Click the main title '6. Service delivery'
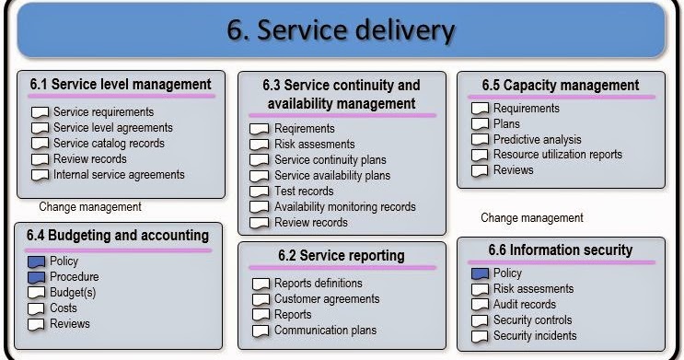pyautogui.click(x=341, y=30)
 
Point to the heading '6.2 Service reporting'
pyautogui.click(x=341, y=255)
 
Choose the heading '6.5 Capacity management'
pyautogui.click(x=560, y=86)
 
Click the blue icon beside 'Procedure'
pyautogui.click(x=37, y=278)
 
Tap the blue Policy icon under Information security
pyautogui.click(x=480, y=274)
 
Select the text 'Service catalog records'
pyautogui.click(x=109, y=144)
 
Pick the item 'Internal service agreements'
pyautogui.click(x=119, y=175)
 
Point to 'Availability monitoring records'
pyautogui.click(x=345, y=207)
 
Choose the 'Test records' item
pyautogui.click(x=304, y=192)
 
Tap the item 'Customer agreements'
pyautogui.click(x=327, y=299)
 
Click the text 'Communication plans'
pyautogui.click(x=325, y=331)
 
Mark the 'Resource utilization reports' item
pyautogui.click(x=558, y=155)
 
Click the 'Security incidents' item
pyautogui.click(x=535, y=336)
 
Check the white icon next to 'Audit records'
pyautogui.click(x=480, y=306)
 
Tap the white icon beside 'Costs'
pyautogui.click(x=37, y=309)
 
